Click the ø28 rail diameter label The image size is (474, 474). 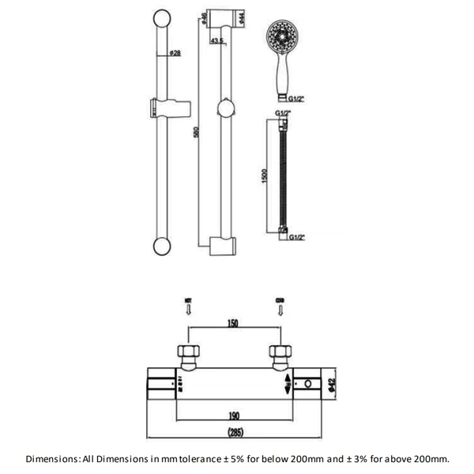[175, 53]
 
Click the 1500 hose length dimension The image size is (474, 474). [266, 175]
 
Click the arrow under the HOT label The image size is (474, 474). [188, 311]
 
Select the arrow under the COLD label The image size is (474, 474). [280, 311]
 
